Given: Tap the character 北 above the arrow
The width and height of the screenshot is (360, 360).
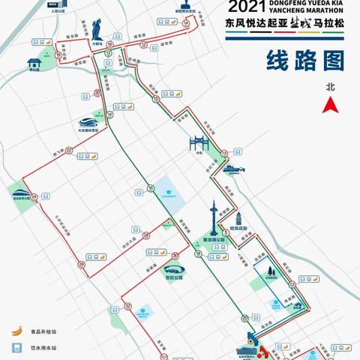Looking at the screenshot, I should pos(328,87).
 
